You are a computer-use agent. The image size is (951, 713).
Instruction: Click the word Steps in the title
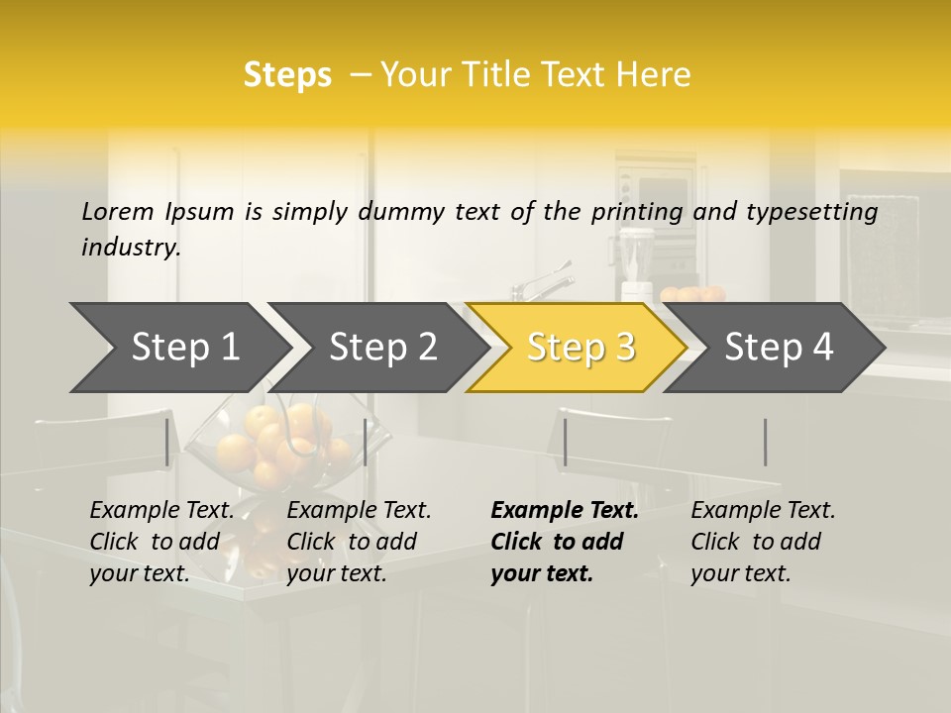pyautogui.click(x=287, y=75)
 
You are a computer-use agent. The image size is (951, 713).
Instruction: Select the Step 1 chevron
pyautogui.click(x=184, y=348)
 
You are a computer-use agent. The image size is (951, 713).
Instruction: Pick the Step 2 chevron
pyautogui.click(x=382, y=348)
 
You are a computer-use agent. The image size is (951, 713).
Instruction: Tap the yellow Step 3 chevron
pyautogui.click(x=581, y=348)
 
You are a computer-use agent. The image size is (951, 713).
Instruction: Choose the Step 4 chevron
pyautogui.click(x=779, y=348)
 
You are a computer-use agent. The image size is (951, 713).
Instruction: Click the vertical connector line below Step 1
pyautogui.click(x=166, y=442)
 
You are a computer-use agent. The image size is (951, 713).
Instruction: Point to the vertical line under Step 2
pyautogui.click(x=366, y=442)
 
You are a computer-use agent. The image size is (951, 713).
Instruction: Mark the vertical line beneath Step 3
pyautogui.click(x=565, y=442)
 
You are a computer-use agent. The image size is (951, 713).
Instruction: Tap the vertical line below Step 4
pyautogui.click(x=765, y=442)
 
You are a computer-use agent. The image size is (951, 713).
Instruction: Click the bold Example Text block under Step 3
pyautogui.click(x=565, y=542)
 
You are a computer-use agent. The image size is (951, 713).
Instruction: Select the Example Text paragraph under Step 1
pyautogui.click(x=161, y=542)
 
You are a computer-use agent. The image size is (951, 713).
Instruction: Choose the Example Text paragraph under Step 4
pyautogui.click(x=763, y=542)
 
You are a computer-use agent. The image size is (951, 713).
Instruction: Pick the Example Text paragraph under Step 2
pyautogui.click(x=359, y=542)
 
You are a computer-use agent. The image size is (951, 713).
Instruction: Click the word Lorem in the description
pyautogui.click(x=118, y=212)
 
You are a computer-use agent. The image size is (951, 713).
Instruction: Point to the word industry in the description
pyautogui.click(x=130, y=248)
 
